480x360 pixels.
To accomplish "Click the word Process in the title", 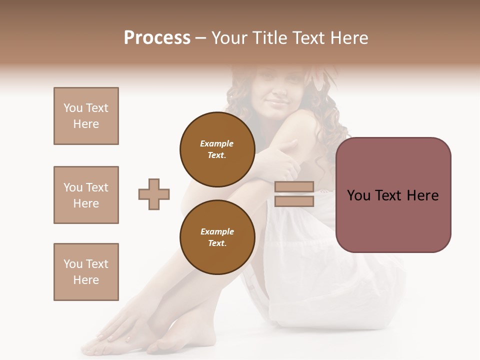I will click(157, 38).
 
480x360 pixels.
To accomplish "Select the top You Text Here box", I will click(86, 116).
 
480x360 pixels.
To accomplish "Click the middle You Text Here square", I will click(86, 195).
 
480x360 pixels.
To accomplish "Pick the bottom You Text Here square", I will click(86, 272).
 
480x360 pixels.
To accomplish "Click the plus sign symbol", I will click(154, 194).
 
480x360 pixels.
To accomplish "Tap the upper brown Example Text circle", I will click(217, 149).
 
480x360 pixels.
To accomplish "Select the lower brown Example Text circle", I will click(217, 237).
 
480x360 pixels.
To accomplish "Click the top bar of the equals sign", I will click(294, 187).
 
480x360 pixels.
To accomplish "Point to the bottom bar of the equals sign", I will click(294, 201).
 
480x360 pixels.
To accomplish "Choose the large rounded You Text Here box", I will click(393, 195).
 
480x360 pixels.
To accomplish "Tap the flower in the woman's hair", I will click(320, 80).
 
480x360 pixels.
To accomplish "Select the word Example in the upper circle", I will click(217, 143).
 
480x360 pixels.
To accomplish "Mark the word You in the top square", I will click(73, 108).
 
